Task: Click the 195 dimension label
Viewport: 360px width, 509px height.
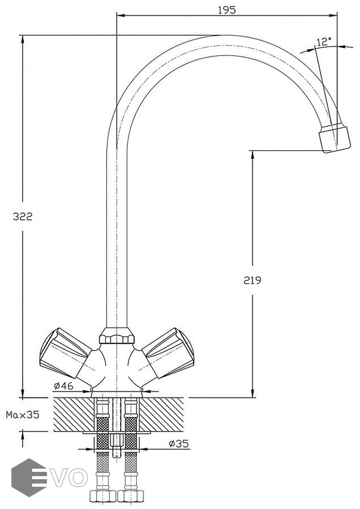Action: click(226, 10)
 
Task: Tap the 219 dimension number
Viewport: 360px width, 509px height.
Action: click(252, 280)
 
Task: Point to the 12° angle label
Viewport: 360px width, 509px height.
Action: click(324, 42)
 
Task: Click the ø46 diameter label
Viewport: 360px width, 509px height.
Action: click(64, 386)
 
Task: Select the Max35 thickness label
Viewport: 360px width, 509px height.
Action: click(23, 415)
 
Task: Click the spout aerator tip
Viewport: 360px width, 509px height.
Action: click(332, 139)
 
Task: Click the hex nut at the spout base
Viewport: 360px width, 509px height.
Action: click(115, 338)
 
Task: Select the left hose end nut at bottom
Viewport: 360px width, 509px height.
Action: click(102, 495)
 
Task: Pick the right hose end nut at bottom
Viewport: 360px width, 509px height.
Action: click(131, 495)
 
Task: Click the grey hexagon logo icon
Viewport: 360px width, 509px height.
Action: click(28, 477)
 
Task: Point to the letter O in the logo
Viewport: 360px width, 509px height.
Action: click(78, 477)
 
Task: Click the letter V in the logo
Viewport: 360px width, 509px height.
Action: click(58, 477)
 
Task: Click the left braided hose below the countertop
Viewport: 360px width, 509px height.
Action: click(102, 447)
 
